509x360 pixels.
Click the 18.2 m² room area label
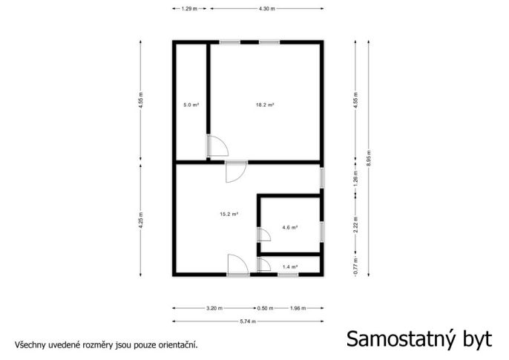click(x=265, y=105)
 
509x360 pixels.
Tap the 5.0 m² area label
click(x=191, y=105)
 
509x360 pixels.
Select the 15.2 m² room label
click(x=229, y=215)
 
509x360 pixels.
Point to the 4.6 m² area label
click(x=290, y=228)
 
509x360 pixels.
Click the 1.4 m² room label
click(x=290, y=266)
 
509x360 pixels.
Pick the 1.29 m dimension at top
click(x=189, y=9)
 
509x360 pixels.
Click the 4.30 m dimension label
click(x=267, y=9)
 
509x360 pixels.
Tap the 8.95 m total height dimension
click(x=369, y=158)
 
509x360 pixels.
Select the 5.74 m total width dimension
click(x=248, y=321)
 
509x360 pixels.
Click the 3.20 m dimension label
click(x=214, y=308)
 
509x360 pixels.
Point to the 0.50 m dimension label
click(x=265, y=308)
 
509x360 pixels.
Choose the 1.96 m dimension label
click(x=298, y=308)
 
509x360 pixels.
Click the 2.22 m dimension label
click(x=355, y=225)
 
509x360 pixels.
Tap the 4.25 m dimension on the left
click(x=140, y=220)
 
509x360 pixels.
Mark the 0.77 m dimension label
click(x=355, y=266)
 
